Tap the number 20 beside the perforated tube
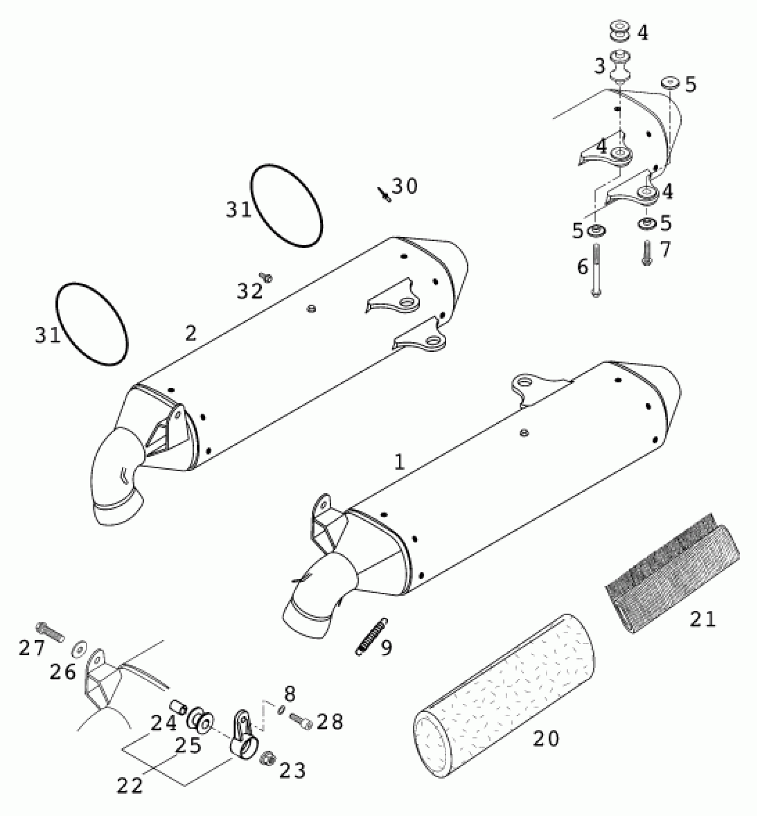pos(546,739)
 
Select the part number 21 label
pos(703,619)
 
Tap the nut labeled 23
pos(268,756)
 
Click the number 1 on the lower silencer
pos(399,463)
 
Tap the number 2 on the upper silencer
pos(191,333)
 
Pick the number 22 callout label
pos(130,786)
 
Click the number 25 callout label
pos(188,746)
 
